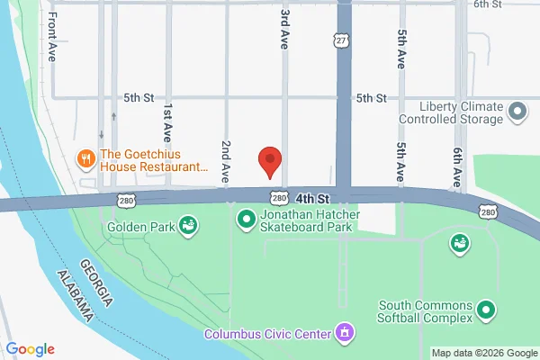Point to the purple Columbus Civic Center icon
pos(343,334)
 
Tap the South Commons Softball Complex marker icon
pos(487,310)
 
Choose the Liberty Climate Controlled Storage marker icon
pos(517,112)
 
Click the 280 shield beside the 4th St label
pos(278,197)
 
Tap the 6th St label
pos(486,4)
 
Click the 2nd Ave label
pos(226,162)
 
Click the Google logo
pos(31,349)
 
